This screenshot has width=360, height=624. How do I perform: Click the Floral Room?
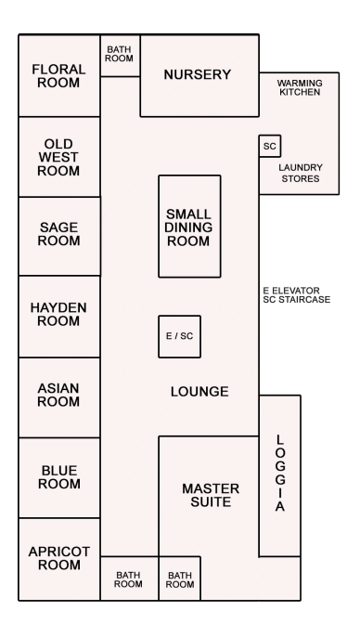(59, 75)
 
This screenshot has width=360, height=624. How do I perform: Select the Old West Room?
(59, 157)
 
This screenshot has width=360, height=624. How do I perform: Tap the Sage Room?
(59, 236)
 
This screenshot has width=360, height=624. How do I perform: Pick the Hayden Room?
(59, 317)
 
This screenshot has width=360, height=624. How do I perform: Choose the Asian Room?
(59, 397)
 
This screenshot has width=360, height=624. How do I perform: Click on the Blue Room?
(59, 478)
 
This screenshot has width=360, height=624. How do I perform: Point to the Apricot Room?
(59, 559)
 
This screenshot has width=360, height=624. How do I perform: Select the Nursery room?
(199, 75)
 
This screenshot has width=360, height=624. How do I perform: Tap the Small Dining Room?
(190, 226)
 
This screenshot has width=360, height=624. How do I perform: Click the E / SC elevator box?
(179, 336)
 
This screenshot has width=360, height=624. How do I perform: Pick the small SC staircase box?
(270, 146)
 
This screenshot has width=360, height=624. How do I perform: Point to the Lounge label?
(199, 392)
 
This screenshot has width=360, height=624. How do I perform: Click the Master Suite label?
(211, 495)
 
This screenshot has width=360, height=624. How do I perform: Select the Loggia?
(279, 476)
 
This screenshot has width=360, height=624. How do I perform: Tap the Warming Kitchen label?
(300, 87)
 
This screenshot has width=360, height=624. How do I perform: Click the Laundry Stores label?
(301, 173)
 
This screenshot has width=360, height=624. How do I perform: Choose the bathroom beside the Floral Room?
(120, 56)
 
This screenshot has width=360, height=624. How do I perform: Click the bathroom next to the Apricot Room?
(129, 578)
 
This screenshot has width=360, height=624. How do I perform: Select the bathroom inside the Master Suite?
(180, 578)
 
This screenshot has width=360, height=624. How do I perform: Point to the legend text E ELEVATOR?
(291, 291)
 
